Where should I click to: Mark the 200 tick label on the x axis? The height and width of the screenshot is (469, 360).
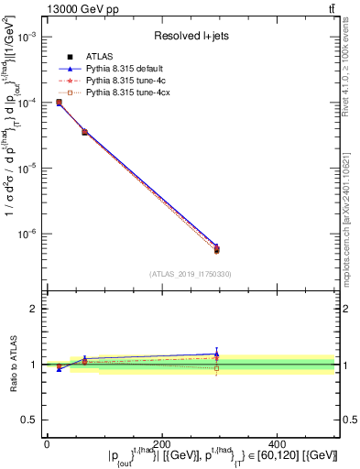click(x=162, y=443)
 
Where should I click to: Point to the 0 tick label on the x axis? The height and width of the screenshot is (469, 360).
click(x=47, y=443)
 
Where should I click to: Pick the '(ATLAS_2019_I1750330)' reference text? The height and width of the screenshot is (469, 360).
click(x=191, y=274)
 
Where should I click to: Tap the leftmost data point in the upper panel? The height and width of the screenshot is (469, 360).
click(x=59, y=103)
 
